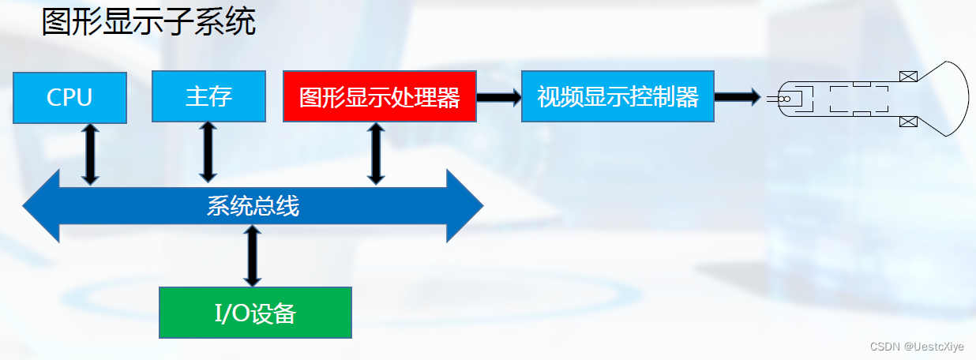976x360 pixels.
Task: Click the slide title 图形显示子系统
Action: [x=148, y=22]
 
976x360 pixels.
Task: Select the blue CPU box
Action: [x=69, y=97]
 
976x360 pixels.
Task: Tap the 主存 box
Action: [x=208, y=96]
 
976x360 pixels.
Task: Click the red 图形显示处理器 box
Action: [x=379, y=97]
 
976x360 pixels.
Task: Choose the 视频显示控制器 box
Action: [x=618, y=97]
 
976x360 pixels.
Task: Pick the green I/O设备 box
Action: [x=255, y=313]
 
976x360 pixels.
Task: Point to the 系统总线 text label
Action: [x=253, y=207]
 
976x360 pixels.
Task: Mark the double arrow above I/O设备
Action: [x=252, y=256]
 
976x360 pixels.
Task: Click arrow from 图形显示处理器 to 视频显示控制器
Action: [x=498, y=97]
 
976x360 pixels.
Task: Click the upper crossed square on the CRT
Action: [x=907, y=77]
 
